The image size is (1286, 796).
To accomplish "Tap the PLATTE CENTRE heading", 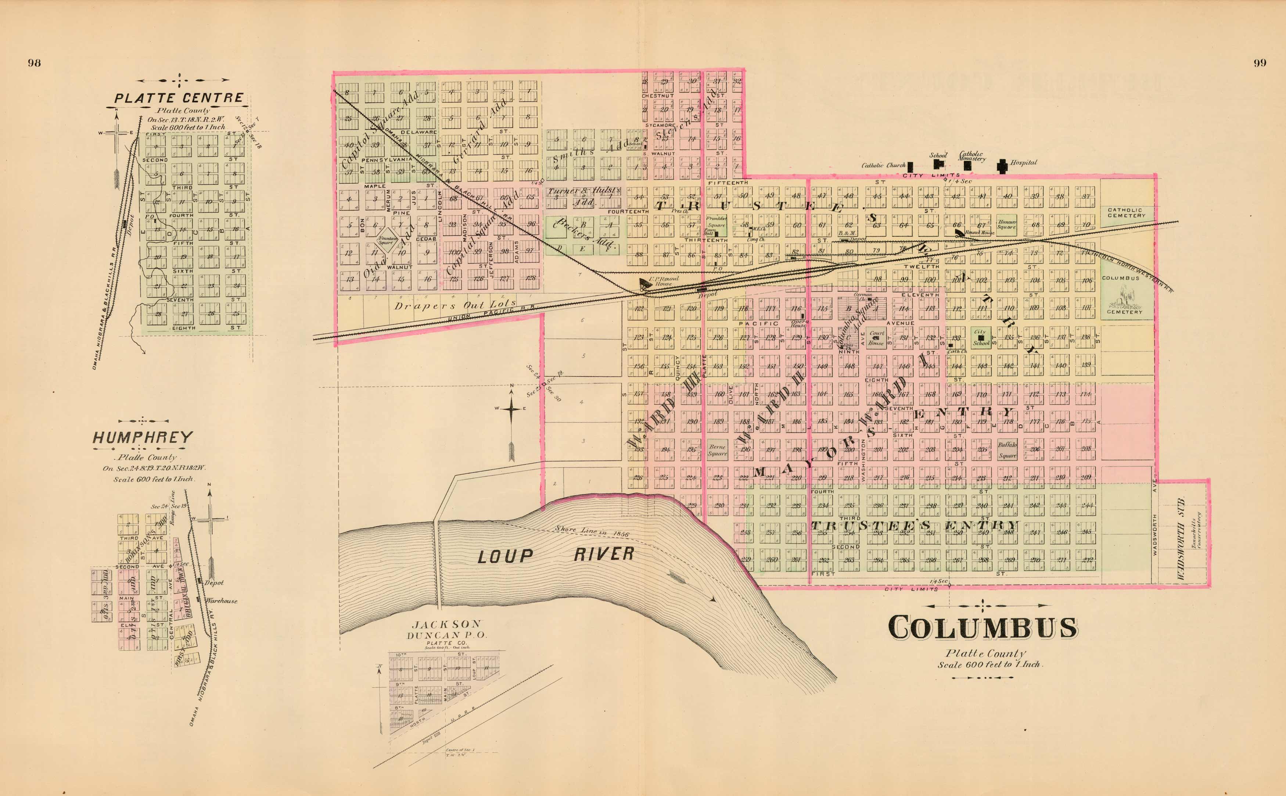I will coord(179,98).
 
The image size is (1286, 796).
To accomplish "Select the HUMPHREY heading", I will coord(143,437).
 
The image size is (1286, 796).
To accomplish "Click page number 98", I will coord(34,63).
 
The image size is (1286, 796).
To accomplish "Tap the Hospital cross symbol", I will coord(1002,166).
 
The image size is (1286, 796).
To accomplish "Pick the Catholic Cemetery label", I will coord(1125,213).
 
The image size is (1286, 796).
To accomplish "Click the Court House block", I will coord(876,337).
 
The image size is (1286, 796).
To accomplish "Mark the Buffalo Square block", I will coord(1007,449).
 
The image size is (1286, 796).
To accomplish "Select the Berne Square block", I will coord(717,450).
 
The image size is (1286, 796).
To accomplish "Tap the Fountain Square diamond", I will coord(386,241).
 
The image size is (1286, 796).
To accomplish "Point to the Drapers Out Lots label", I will coord(455,305).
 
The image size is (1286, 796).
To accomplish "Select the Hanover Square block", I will coord(1007,224).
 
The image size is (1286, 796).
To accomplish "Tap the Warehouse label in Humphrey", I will coord(220,601).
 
